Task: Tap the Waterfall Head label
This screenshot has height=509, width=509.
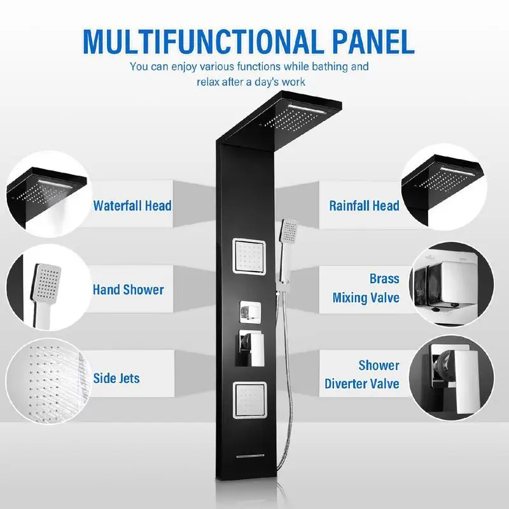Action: [x=132, y=206]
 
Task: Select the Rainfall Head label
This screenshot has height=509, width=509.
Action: [x=364, y=206]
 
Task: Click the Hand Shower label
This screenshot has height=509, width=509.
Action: [x=129, y=290]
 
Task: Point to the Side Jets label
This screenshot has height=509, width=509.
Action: [x=116, y=378]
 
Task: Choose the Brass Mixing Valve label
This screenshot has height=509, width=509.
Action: [x=366, y=288]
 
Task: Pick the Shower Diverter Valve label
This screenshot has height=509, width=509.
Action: [x=362, y=374]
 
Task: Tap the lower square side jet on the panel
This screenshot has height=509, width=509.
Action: [x=249, y=400]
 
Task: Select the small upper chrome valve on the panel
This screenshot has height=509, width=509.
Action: [x=250, y=312]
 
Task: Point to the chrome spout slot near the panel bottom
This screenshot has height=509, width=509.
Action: [x=250, y=456]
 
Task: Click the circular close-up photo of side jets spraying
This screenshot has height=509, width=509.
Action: [x=49, y=380]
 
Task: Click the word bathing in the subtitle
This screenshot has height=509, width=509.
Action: [x=324, y=67]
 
